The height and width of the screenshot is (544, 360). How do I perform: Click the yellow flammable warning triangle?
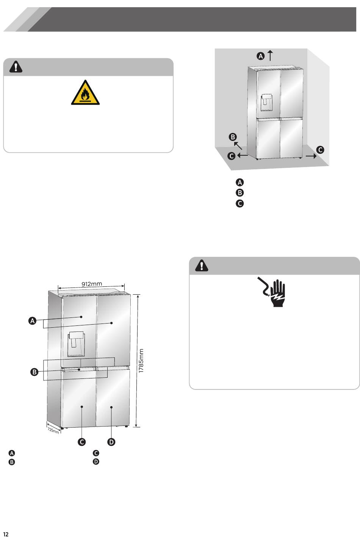coord(85,93)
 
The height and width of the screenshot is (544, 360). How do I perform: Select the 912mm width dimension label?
coord(92,284)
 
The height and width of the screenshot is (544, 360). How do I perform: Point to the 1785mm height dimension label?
coord(141,361)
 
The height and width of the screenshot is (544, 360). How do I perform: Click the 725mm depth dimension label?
coord(53,430)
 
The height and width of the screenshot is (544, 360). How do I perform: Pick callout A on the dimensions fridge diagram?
coord(32,321)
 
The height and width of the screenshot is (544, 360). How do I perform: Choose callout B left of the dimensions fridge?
coord(34,372)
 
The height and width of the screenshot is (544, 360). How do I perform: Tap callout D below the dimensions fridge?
coord(111,442)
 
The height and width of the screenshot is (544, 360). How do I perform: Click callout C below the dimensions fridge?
coord(81,442)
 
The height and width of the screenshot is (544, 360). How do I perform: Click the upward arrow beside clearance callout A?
coord(270,55)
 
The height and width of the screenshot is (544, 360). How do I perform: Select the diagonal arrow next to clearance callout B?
coord(238,146)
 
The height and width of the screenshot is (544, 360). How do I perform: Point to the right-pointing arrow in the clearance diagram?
coord(311,156)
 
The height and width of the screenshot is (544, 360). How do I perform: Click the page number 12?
coord(6,534)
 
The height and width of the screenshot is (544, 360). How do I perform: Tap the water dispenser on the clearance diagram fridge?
coord(266,103)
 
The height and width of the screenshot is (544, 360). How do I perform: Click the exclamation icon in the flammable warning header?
coord(16,67)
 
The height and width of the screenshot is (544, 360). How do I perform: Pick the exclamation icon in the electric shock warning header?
coord(202,265)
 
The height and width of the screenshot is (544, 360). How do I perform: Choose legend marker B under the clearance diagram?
coord(240,193)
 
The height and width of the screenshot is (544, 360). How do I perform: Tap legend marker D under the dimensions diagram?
coord(96,462)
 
